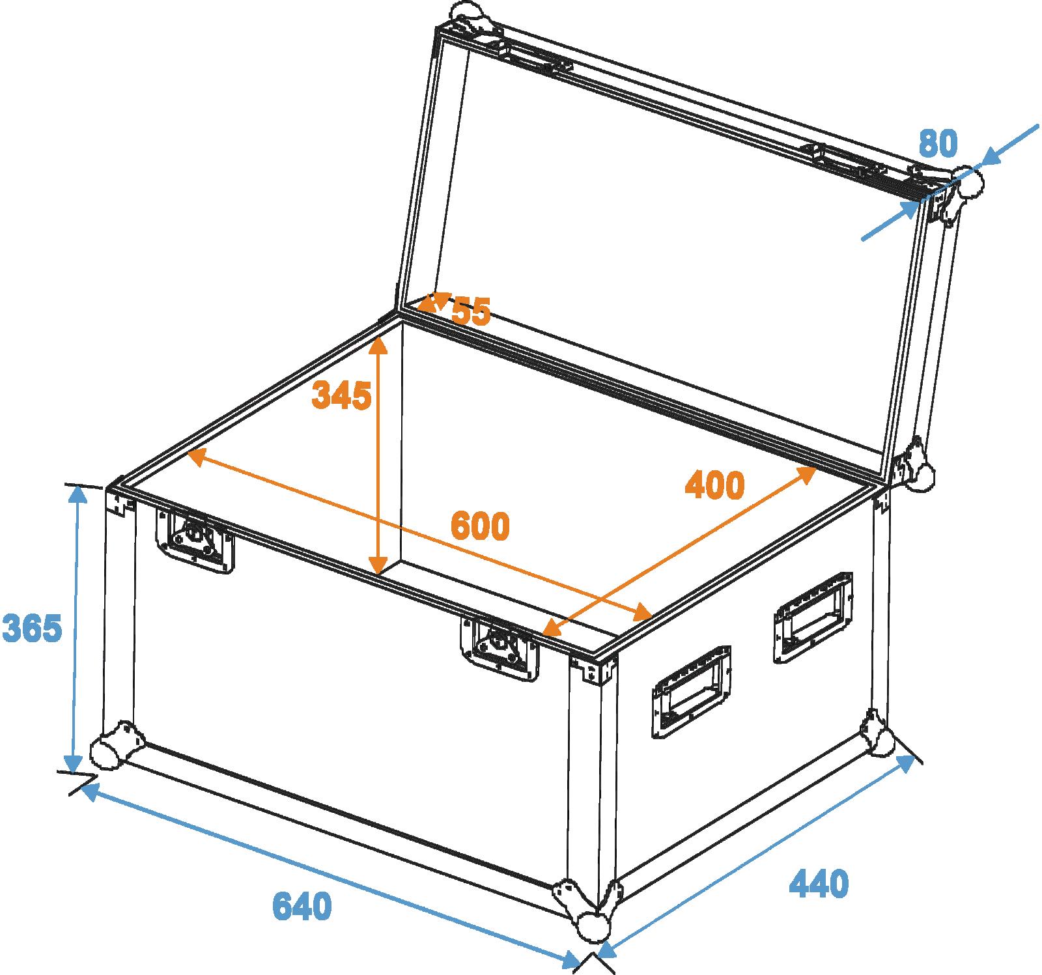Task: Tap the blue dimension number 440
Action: [819, 883]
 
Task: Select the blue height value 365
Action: [33, 628]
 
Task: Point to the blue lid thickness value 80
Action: [938, 143]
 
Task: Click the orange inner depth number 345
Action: [342, 395]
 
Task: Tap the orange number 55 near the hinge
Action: [471, 311]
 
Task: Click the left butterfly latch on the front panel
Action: [195, 539]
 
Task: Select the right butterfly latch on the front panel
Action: [500, 647]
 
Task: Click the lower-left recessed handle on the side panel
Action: [691, 692]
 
